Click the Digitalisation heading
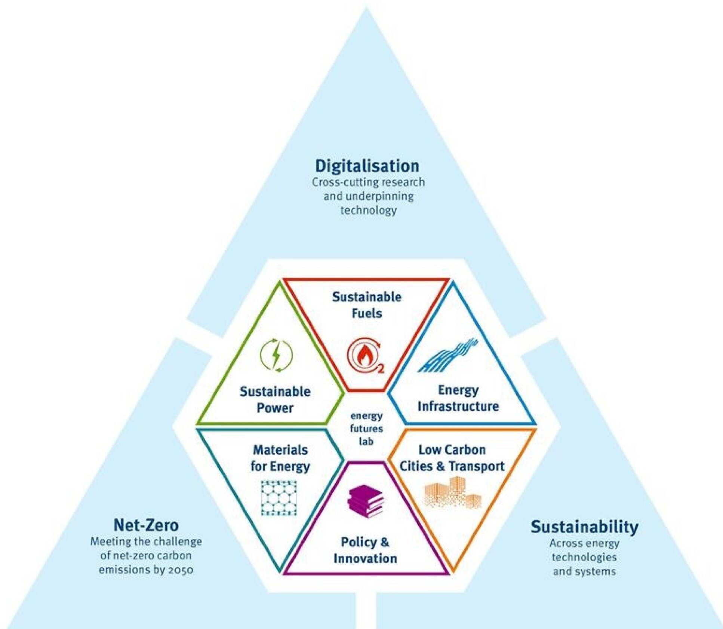point(367,166)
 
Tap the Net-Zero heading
point(146,525)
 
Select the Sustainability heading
point(584,527)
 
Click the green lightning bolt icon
point(276,355)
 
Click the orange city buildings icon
point(453,493)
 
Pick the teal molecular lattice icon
point(279,498)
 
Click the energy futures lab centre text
point(366,429)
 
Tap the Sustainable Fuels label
point(367,305)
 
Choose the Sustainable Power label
point(275,400)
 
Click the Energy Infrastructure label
point(458,398)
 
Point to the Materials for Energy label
point(280,458)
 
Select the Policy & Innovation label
point(365,550)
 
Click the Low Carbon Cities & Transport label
point(452,458)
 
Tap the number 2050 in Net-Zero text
point(180,570)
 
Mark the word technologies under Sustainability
point(584,557)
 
